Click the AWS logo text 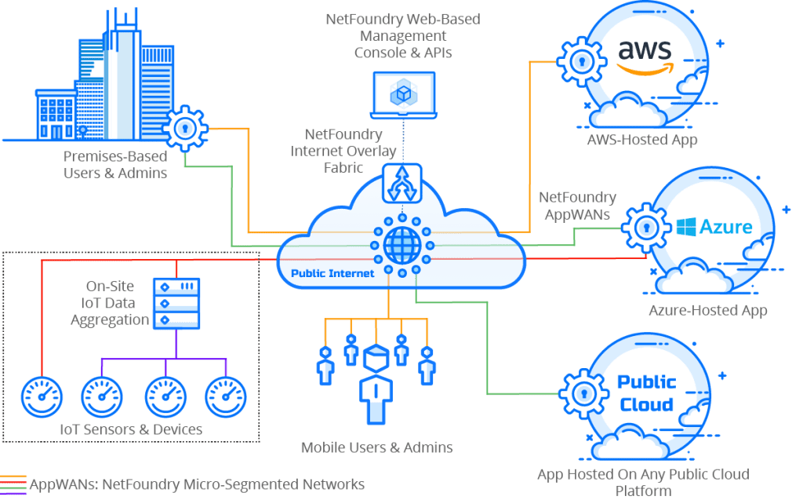coord(645,51)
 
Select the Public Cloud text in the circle coord(646,393)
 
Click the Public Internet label coord(332,274)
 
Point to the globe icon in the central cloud coord(401,245)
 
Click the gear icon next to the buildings coord(184,128)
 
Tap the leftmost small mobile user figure coord(325,363)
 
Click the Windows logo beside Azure coord(687,228)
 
